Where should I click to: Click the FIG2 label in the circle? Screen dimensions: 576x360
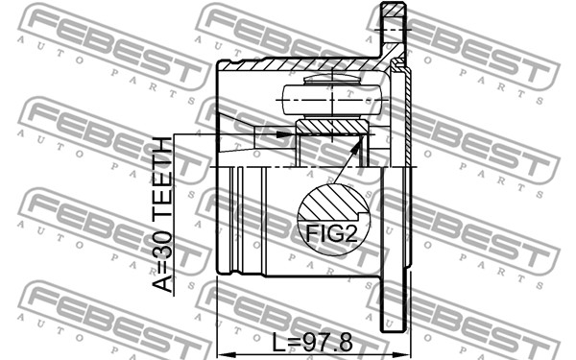331,233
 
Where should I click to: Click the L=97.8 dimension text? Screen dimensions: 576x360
312,342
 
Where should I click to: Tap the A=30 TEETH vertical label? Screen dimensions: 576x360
162,214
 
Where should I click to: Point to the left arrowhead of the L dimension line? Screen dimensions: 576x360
225,355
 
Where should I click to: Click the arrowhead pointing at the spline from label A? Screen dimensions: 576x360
286,134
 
